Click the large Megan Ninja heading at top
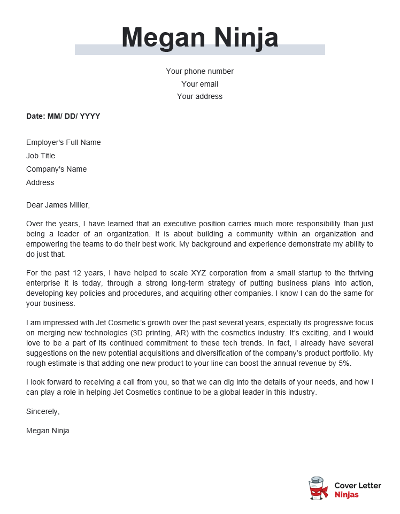pyautogui.click(x=199, y=38)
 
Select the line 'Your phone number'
pyautogui.click(x=199, y=71)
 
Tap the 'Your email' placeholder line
pyautogui.click(x=199, y=84)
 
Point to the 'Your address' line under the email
pyautogui.click(x=199, y=97)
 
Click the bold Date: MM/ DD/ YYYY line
pyautogui.click(x=63, y=116)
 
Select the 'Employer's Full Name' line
pyautogui.click(x=63, y=142)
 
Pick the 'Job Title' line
pyautogui.click(x=41, y=156)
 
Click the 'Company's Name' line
pyautogui.click(x=56, y=169)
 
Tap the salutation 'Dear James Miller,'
pyautogui.click(x=58, y=205)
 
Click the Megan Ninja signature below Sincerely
pyautogui.click(x=48, y=431)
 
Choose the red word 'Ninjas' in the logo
pyautogui.click(x=346, y=495)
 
